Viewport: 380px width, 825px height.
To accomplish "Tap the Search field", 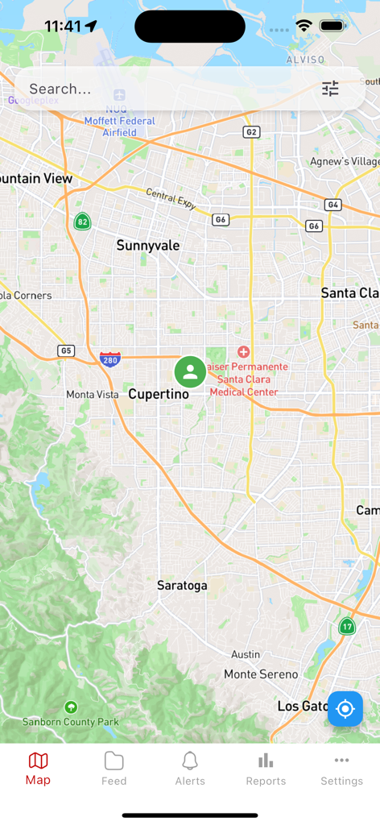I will [161, 89].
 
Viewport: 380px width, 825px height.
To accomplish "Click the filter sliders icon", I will [330, 89].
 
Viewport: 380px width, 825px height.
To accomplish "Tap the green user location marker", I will [190, 372].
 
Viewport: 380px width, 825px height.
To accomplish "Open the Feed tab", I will [114, 769].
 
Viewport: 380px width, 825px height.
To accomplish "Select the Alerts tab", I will [190, 769].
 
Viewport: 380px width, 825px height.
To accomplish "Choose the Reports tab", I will [266, 769].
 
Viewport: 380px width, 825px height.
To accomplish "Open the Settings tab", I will [341, 769].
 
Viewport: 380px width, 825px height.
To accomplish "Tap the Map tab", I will [38, 769].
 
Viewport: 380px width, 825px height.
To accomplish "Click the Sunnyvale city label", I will [148, 245].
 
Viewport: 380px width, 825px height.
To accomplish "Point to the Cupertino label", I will [159, 394].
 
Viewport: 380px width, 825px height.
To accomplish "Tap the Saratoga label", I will [182, 585].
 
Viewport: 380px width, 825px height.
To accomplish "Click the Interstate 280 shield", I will [110, 359].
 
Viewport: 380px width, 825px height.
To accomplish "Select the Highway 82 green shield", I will [81, 221].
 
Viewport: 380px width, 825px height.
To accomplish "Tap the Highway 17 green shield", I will [347, 626].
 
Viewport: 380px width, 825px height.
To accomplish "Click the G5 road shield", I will [66, 350].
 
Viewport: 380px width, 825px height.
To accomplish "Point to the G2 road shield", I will [251, 132].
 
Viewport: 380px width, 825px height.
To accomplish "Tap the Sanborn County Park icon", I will [71, 707].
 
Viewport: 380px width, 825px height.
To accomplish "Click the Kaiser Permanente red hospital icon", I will [244, 352].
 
